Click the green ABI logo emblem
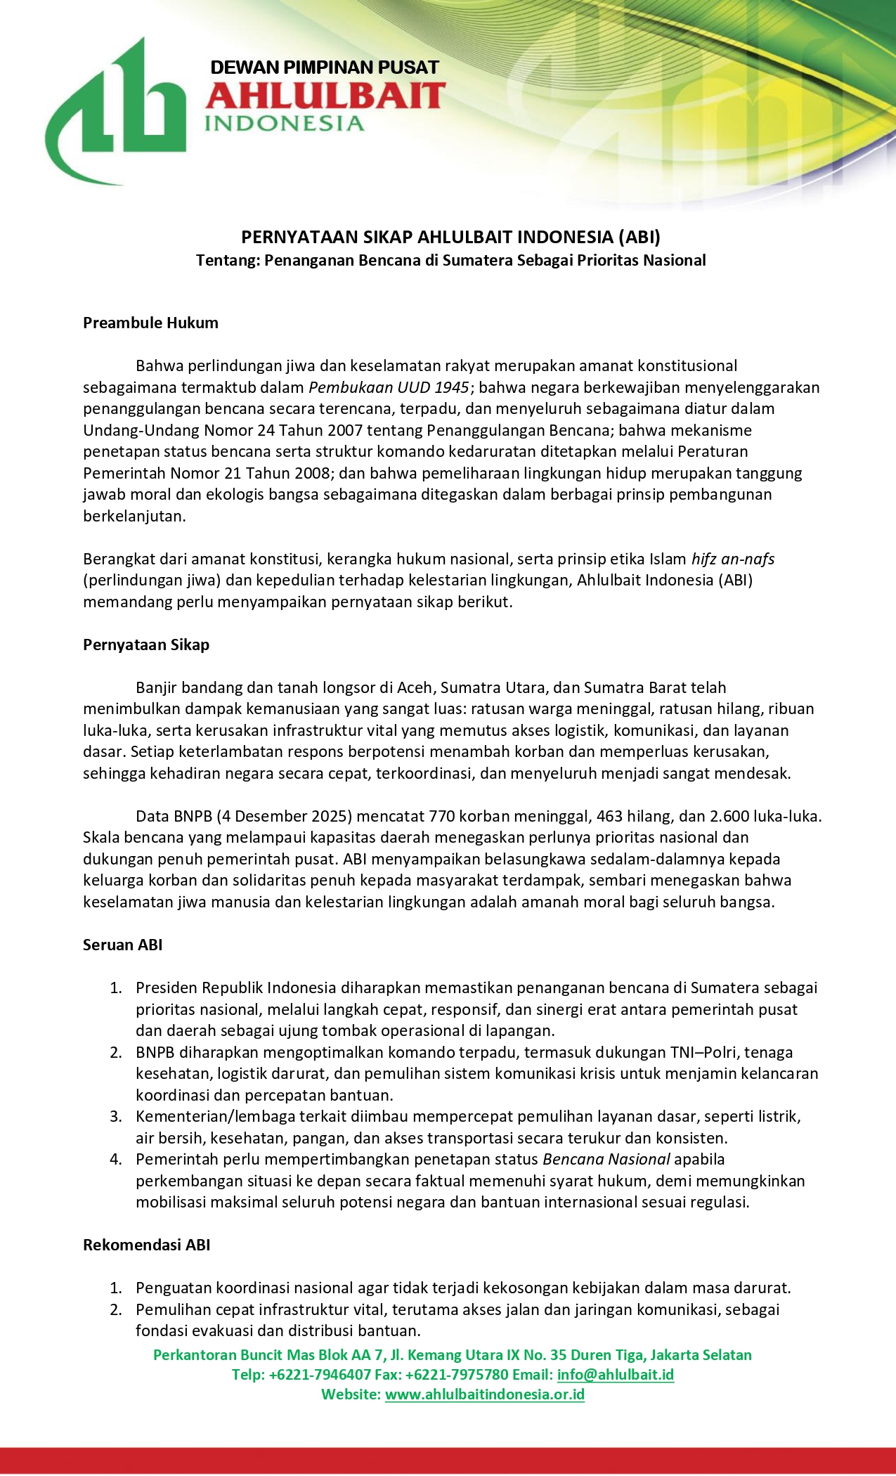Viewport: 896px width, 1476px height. [x=116, y=112]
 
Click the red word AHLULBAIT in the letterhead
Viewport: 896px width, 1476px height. [x=325, y=96]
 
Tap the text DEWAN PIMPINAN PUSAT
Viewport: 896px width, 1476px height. [x=325, y=67]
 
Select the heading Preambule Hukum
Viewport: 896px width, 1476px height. [x=150, y=323]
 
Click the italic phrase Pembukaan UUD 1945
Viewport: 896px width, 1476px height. [x=389, y=387]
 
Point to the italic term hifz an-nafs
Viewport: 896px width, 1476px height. [x=733, y=559]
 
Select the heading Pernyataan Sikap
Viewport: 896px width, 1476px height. [x=146, y=645]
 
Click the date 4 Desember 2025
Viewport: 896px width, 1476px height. [x=283, y=816]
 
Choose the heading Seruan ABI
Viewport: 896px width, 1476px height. [x=122, y=945]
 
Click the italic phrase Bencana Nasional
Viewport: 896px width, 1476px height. [x=606, y=1159]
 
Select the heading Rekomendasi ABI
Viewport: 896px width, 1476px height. [x=146, y=1245]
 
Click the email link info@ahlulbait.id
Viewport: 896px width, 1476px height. [x=616, y=1375]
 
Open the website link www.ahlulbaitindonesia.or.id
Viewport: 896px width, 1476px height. [x=485, y=1394]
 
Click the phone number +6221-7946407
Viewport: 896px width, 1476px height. [x=320, y=1375]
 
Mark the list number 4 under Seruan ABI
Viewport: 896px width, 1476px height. [x=116, y=1159]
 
